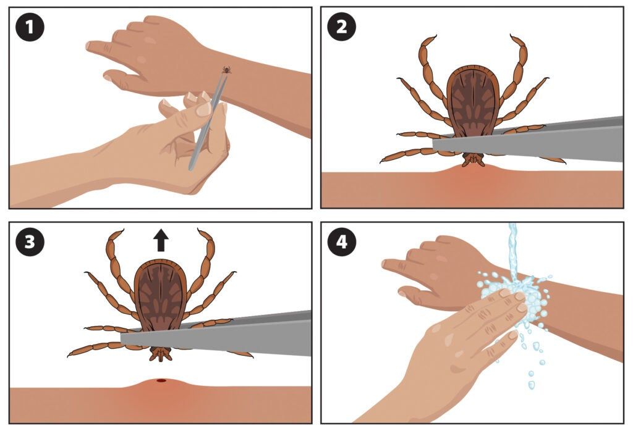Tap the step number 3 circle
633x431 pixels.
pos(28,241)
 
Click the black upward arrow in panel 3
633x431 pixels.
pos(161,240)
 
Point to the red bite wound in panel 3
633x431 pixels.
pos(161,381)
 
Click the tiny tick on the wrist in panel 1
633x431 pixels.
pos(227,70)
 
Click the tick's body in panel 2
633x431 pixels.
pos(473,99)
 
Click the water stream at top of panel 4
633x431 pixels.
pos(512,247)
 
